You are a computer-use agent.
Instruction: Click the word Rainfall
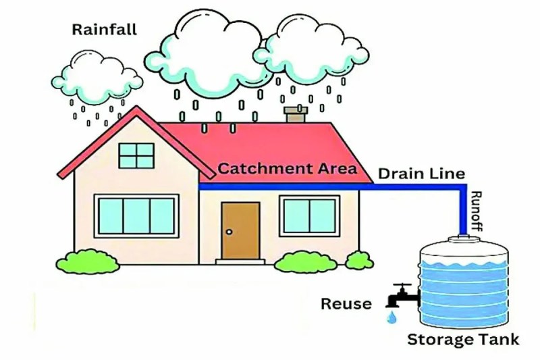tap(105, 29)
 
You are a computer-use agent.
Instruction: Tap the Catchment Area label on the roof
tap(288, 168)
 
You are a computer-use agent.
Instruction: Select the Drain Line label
tap(421, 174)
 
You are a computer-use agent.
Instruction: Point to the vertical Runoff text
tap(477, 211)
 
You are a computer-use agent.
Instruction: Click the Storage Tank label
tap(463, 340)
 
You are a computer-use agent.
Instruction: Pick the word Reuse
tap(346, 304)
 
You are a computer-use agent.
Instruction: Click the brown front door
tap(240, 231)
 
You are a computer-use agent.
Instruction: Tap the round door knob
tap(229, 232)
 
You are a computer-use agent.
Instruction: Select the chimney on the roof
tap(296, 114)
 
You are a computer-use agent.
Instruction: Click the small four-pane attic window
tap(136, 156)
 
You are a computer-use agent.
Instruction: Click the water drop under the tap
tap(391, 317)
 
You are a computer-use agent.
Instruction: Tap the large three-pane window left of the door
tap(136, 216)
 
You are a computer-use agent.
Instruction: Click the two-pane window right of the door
tap(310, 216)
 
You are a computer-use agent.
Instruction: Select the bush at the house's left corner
tap(88, 262)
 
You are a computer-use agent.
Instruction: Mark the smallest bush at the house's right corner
tap(359, 261)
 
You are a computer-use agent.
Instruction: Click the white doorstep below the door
tap(240, 262)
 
